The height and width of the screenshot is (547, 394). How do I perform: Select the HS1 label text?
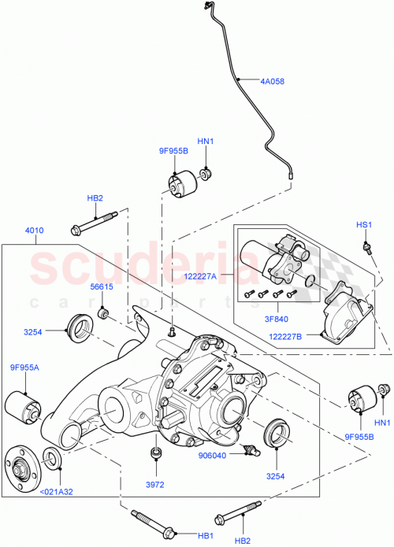(x=363, y=225)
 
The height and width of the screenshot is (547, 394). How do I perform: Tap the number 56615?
(x=102, y=286)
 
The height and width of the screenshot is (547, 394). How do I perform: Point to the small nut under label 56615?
(x=102, y=314)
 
